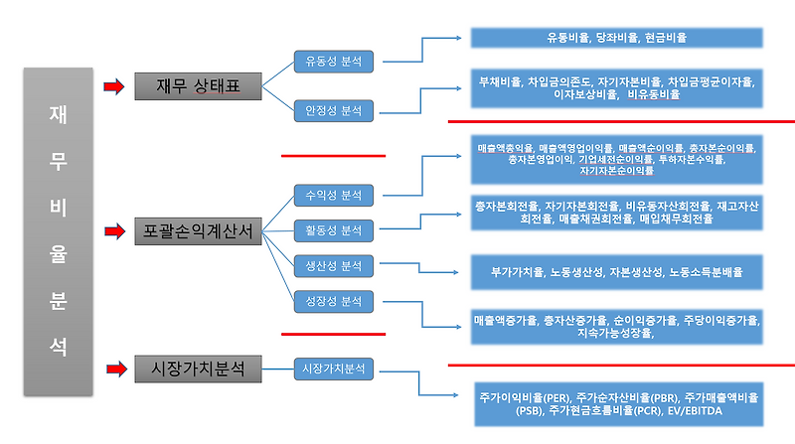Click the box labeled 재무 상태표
[x=198, y=86]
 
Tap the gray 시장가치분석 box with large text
[x=198, y=370]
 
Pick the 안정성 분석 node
[x=333, y=111]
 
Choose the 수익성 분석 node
[x=333, y=194]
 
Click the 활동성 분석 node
[x=333, y=230]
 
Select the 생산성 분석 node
[x=333, y=265]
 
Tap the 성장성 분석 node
[x=333, y=301]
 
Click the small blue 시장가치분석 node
[x=333, y=369]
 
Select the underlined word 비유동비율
[x=654, y=94]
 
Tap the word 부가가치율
[x=518, y=270]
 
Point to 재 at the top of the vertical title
[x=59, y=113]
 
